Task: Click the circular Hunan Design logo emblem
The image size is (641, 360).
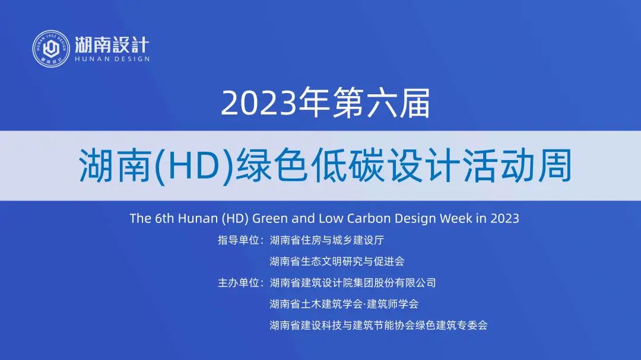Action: (x=51, y=49)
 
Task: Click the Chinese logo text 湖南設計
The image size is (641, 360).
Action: (x=112, y=44)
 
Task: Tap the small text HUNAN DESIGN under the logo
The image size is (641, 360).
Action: (x=112, y=59)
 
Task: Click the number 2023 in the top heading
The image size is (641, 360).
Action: (x=258, y=103)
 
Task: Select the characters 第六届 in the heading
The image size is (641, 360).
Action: (x=382, y=103)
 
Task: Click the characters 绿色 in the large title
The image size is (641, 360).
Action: (x=271, y=165)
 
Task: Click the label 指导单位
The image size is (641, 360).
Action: (x=239, y=240)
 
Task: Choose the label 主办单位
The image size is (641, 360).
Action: (x=239, y=283)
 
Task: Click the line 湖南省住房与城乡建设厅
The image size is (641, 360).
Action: (x=326, y=240)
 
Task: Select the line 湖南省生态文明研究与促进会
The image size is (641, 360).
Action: (x=337, y=262)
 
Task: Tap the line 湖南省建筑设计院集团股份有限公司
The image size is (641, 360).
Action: (x=353, y=283)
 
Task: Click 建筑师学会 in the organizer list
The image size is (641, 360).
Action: (x=392, y=304)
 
